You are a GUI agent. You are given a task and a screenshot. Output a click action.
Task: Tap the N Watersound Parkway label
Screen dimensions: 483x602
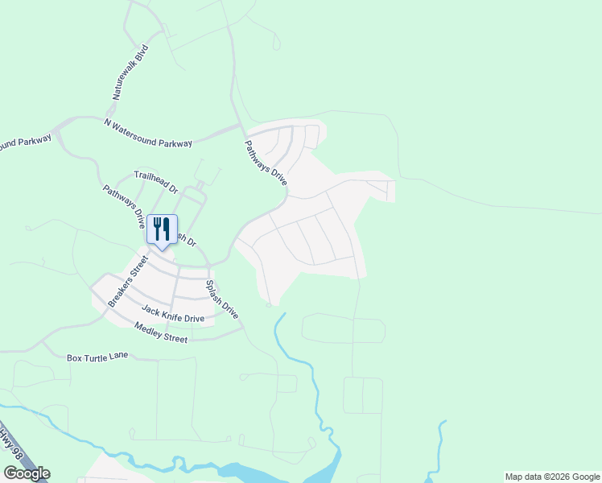coord(149,133)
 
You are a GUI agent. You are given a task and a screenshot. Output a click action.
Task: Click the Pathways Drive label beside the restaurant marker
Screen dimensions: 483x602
coord(124,206)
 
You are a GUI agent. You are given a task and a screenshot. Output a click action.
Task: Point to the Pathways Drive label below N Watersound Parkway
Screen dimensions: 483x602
coord(266,163)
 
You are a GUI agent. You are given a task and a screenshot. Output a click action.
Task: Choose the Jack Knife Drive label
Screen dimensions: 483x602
coord(173,313)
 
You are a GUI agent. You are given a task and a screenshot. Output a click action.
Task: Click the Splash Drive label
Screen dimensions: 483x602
coord(223,299)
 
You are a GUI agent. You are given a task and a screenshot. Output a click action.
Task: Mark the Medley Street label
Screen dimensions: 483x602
coord(161,332)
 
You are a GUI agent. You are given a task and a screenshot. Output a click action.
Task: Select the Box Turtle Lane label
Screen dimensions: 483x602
coord(97,356)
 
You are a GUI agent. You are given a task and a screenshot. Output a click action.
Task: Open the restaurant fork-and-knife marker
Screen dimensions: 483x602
coord(162,229)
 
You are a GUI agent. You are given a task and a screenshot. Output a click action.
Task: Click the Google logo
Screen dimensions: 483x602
coord(27,473)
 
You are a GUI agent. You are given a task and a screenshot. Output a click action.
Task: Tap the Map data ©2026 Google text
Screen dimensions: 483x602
coord(552,477)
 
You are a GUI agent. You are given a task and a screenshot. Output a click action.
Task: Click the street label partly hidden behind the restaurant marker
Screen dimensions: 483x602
coord(186,240)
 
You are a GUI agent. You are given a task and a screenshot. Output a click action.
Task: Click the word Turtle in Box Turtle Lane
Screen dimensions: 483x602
coord(97,356)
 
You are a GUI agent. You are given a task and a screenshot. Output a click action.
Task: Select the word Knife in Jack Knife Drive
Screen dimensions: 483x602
coord(173,313)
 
